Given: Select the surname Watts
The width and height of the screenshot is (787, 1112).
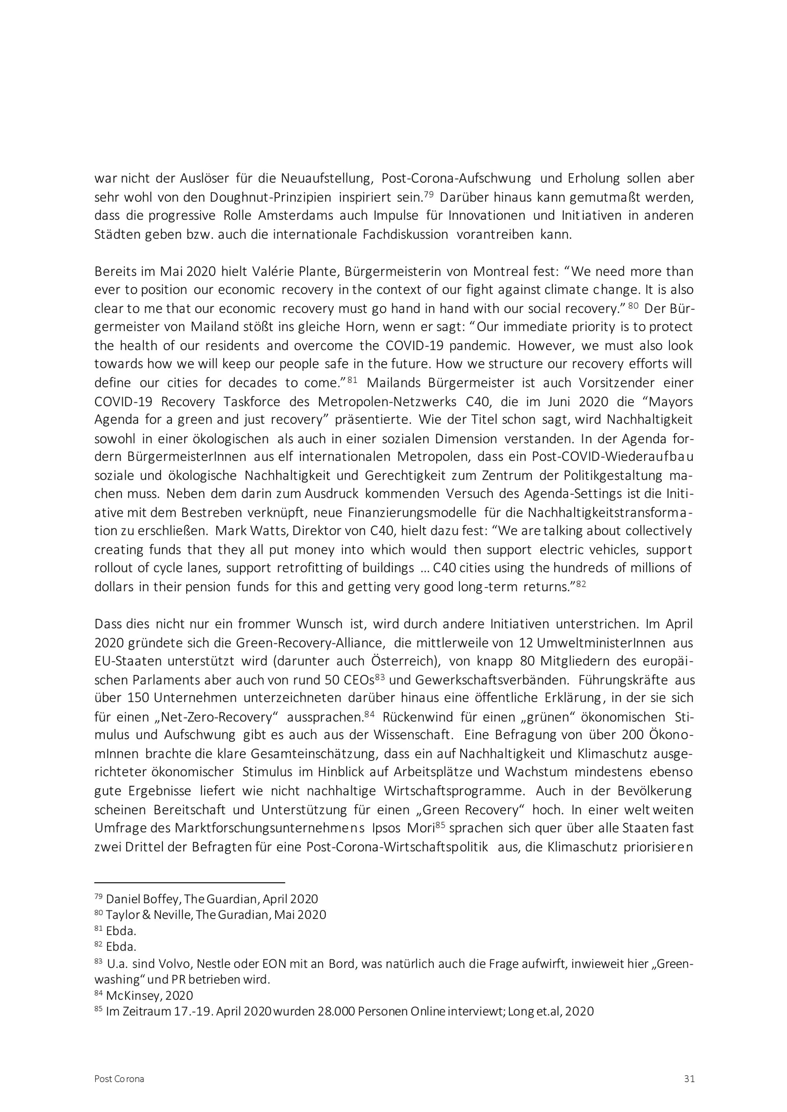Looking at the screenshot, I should [272, 530].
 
